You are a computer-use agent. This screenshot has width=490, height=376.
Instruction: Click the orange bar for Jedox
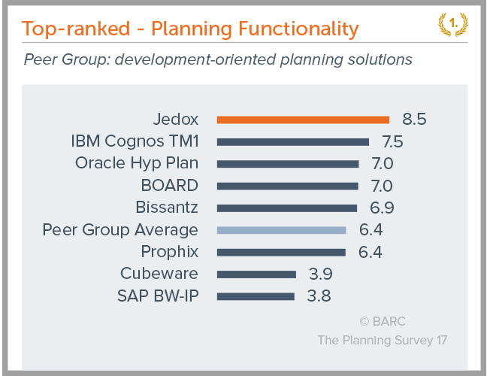click(x=303, y=119)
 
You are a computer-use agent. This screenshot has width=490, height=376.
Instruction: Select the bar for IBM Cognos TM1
click(x=293, y=141)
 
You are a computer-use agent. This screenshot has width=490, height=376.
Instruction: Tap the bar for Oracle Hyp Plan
click(x=288, y=163)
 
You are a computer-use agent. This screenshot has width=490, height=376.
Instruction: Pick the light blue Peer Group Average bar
click(x=282, y=230)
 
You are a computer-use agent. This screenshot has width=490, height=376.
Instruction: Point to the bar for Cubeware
click(x=256, y=274)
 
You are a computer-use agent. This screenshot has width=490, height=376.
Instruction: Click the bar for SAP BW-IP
click(x=256, y=296)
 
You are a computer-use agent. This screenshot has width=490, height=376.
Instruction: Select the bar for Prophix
click(x=282, y=252)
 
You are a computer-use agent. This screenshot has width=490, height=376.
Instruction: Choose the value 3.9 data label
click(x=321, y=274)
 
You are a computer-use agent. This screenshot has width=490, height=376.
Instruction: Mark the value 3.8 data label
click(x=319, y=296)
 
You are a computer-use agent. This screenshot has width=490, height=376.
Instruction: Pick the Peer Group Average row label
click(x=120, y=230)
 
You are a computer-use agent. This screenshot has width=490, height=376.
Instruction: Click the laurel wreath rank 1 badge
click(x=454, y=24)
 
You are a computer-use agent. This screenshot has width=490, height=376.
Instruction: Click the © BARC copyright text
click(x=382, y=321)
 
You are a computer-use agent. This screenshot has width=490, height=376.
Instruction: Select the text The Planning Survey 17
click(x=382, y=341)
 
